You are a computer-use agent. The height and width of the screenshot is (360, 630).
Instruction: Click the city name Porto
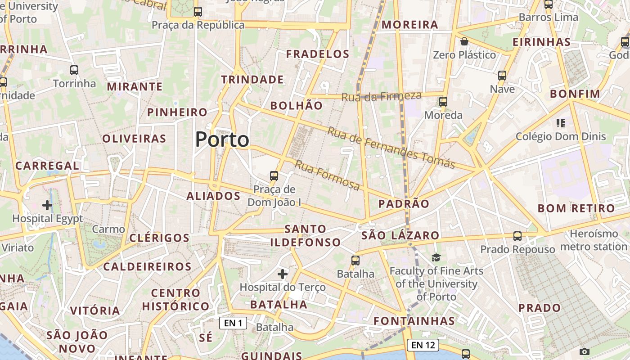(x=222, y=139)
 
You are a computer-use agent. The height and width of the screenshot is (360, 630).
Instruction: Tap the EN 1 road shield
(x=233, y=323)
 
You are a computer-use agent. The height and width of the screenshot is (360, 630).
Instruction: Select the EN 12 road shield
(x=423, y=345)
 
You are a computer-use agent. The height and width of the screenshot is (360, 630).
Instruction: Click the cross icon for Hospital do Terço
(x=283, y=274)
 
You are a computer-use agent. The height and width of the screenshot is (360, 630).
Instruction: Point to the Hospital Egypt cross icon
(x=47, y=205)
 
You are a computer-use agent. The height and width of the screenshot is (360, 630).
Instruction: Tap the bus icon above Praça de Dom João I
(x=274, y=175)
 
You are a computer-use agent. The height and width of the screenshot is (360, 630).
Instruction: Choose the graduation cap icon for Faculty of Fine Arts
(x=436, y=257)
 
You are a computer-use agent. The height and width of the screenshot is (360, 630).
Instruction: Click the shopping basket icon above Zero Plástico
(x=464, y=42)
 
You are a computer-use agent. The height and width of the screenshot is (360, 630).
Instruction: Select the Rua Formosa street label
(x=327, y=175)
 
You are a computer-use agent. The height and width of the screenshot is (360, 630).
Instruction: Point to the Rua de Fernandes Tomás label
(x=391, y=148)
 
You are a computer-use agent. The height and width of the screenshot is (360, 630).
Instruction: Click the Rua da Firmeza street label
(x=381, y=96)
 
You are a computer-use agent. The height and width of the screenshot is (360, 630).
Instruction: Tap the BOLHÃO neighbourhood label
(x=296, y=106)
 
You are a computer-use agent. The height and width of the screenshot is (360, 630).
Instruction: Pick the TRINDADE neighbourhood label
(x=252, y=80)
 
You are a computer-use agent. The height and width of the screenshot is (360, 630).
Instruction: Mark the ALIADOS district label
(x=213, y=196)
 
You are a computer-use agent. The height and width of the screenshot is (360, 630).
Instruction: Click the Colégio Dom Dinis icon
(x=560, y=123)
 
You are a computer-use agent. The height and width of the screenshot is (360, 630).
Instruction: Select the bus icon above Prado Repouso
(x=517, y=236)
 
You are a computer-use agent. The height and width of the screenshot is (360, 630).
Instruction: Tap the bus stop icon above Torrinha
(x=74, y=70)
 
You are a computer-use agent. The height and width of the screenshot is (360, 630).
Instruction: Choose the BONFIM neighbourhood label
(x=575, y=94)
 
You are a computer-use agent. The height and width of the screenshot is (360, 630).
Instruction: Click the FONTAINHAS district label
(x=414, y=321)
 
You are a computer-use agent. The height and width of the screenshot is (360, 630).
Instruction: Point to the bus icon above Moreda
(x=443, y=102)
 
